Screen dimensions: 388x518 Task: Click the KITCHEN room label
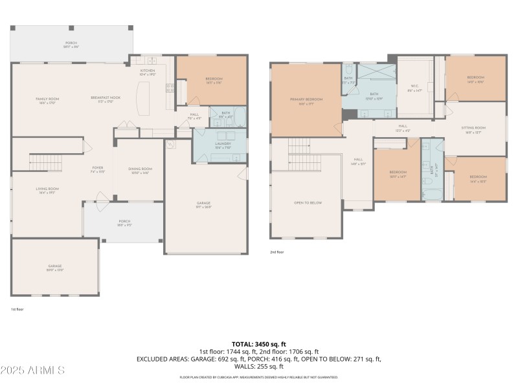(x=148, y=71)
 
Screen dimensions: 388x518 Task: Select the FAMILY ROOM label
(x=47, y=99)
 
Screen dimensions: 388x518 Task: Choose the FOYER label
(x=97, y=169)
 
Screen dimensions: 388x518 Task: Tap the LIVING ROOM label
(x=47, y=189)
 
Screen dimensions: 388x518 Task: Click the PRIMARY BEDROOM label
(x=306, y=99)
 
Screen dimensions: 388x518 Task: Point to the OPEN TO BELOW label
(x=308, y=202)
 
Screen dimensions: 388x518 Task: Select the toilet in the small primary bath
(x=348, y=69)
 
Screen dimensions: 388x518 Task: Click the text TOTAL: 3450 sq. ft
(x=258, y=343)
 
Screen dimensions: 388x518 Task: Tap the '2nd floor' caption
(x=278, y=253)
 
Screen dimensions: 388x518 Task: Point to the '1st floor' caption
(x=17, y=310)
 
